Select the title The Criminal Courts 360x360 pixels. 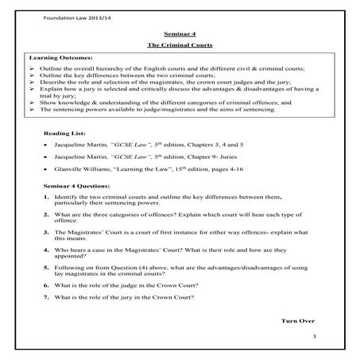coord(180,47)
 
